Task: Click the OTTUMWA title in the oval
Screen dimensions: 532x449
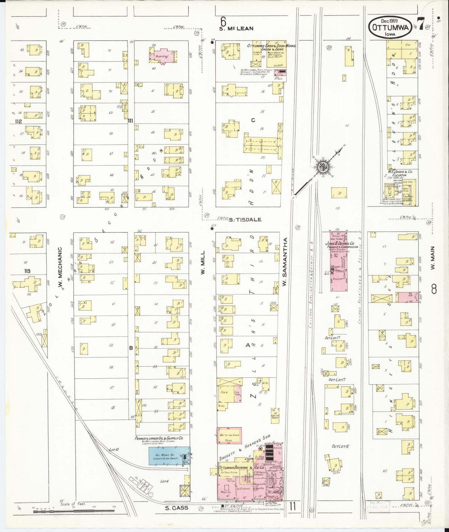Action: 391,27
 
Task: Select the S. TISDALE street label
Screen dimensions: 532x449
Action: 245,219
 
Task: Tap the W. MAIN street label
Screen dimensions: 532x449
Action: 433,257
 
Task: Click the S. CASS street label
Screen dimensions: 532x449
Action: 176,508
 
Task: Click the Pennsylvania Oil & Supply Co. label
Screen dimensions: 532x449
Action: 158,438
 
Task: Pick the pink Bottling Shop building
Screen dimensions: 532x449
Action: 229,435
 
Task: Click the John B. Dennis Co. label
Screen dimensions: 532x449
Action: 340,244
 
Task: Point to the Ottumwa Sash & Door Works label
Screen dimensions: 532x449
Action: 271,46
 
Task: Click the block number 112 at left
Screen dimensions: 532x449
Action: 18,121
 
